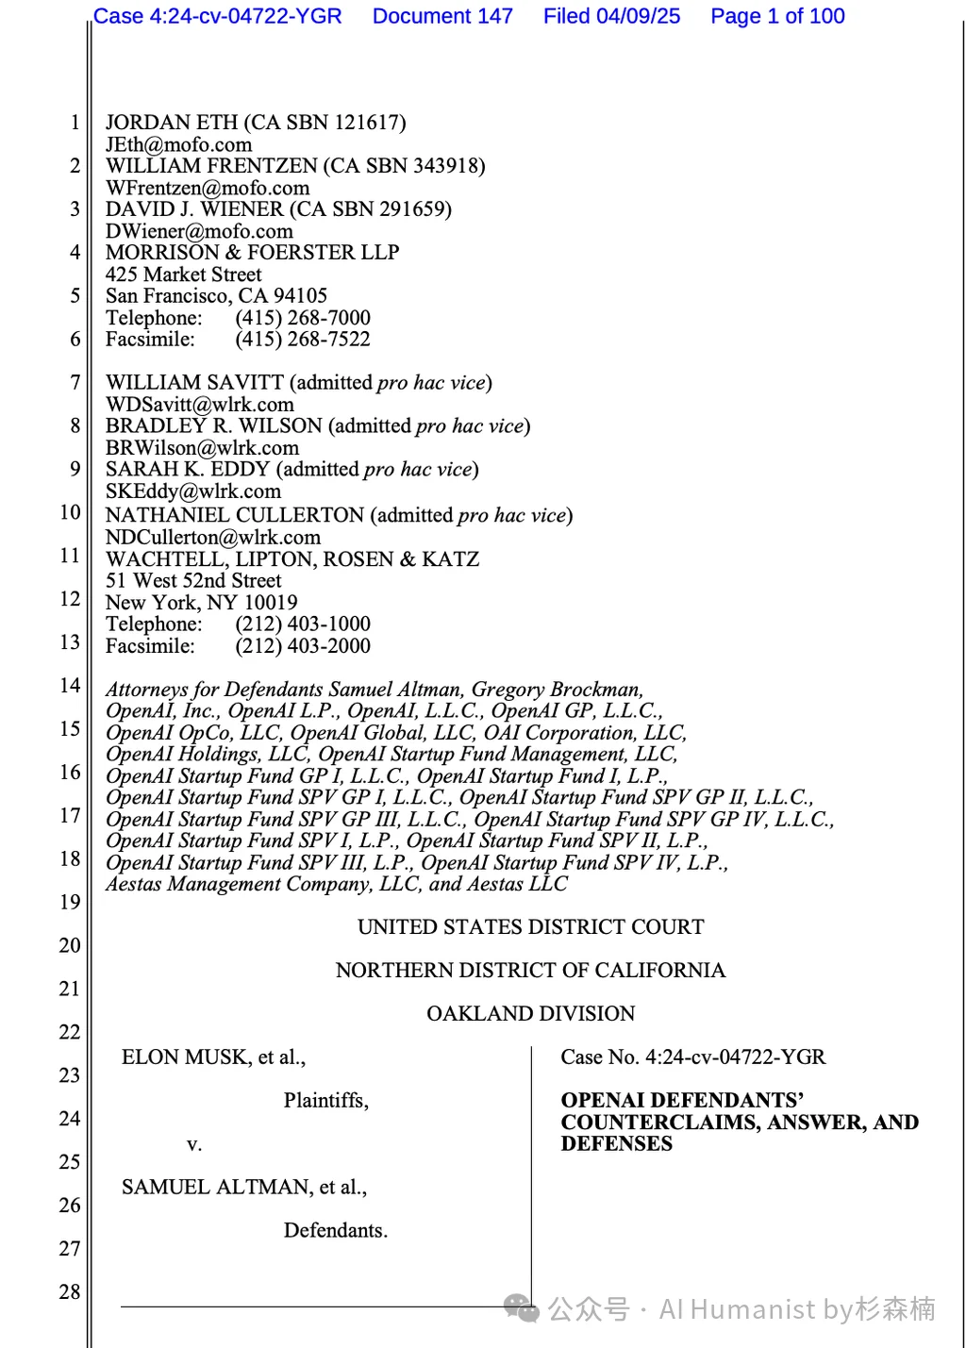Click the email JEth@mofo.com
pyautogui.click(x=178, y=145)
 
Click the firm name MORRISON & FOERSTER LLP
pyautogui.click(x=252, y=253)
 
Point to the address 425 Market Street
pyautogui.click(x=184, y=275)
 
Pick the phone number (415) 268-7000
pyautogui.click(x=303, y=318)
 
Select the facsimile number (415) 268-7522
pyautogui.click(x=303, y=340)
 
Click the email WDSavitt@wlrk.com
pyautogui.click(x=200, y=405)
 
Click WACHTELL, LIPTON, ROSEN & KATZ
pyautogui.click(x=292, y=559)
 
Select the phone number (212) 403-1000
pyautogui.click(x=303, y=624)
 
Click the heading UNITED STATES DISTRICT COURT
pyautogui.click(x=530, y=927)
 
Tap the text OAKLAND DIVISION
pyautogui.click(x=530, y=1014)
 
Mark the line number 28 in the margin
pyautogui.click(x=70, y=1292)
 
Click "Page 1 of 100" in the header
pyautogui.click(x=777, y=16)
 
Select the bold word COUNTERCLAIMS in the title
pyautogui.click(x=660, y=1123)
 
